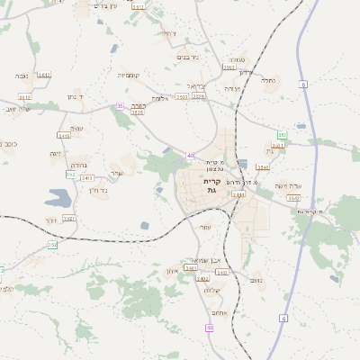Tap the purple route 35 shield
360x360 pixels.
pyautogui.click(x=120, y=106)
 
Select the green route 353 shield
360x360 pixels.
pyautogui.click(x=282, y=135)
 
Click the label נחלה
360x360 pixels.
pyautogui.click(x=267, y=79)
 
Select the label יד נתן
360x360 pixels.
pyautogui.click(x=75, y=95)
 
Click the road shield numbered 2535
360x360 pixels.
pyautogui.click(x=199, y=95)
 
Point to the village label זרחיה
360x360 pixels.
pyautogui.click(x=169, y=33)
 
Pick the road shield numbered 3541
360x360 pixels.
pyautogui.click(x=263, y=166)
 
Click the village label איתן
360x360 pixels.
pyautogui.click(x=173, y=271)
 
